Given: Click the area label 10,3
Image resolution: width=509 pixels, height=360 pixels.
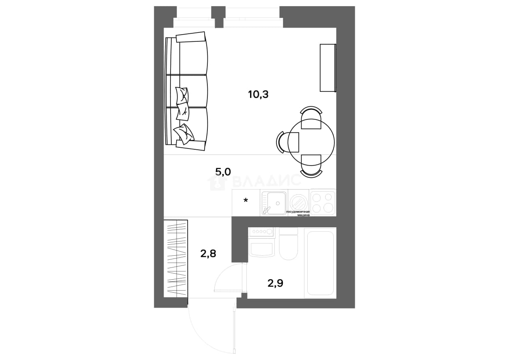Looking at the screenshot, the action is click(259, 94).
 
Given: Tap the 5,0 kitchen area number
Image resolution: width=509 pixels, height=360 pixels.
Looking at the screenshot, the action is click(223, 172).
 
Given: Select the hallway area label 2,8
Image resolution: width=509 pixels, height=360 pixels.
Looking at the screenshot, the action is click(208, 253).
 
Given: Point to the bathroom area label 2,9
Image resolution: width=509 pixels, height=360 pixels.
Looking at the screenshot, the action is click(276, 283).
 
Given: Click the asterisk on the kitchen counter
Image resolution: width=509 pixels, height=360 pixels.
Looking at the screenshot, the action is click(246, 200).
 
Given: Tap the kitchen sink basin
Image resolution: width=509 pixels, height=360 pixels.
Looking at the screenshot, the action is click(274, 202).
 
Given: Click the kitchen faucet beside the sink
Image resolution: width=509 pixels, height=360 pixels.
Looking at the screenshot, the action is click(266, 211).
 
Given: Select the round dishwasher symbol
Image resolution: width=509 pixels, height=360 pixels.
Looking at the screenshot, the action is click(298, 202).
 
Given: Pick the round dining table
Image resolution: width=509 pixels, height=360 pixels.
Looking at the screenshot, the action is click(311, 142).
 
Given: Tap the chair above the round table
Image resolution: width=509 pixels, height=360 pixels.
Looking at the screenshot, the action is click(311, 118).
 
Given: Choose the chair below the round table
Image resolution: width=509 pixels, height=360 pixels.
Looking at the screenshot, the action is click(311, 166).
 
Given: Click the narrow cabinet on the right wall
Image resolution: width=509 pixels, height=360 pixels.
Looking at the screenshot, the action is click(328, 68).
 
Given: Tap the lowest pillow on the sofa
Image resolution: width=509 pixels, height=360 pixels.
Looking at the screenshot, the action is click(184, 134).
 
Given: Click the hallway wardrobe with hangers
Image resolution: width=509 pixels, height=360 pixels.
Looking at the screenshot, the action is click(176, 259).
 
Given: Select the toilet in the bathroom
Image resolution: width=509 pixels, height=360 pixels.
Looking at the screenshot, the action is click(288, 244).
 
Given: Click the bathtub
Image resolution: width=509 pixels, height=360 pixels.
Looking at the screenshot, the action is click(320, 263).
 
